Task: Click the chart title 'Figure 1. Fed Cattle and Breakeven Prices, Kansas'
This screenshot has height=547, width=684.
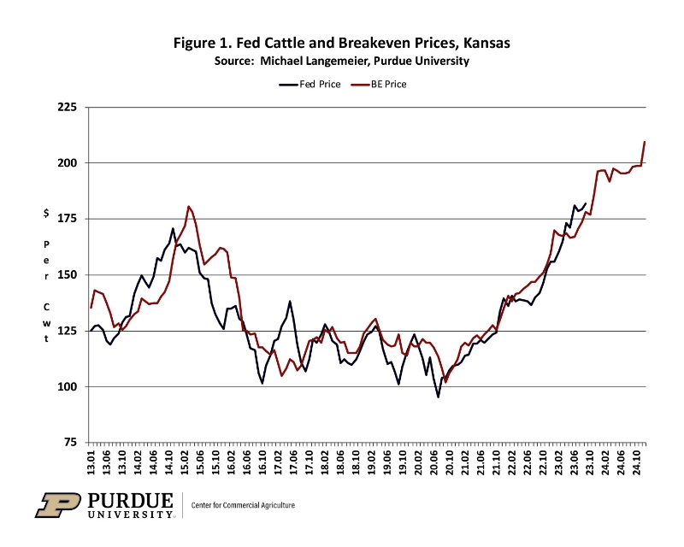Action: [x=342, y=42]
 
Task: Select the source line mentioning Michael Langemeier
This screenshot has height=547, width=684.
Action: [x=342, y=61]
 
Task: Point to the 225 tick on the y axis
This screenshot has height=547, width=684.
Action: [x=67, y=108]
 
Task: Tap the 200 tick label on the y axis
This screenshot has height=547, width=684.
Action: [x=67, y=163]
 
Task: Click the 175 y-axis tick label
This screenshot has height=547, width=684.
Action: [x=67, y=219]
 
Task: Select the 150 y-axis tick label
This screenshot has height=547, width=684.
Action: [x=67, y=275]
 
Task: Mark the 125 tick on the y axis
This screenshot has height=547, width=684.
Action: [x=67, y=331]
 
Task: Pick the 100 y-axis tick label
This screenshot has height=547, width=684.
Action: [x=67, y=386]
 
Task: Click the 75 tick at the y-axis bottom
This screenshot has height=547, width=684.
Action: [x=69, y=443]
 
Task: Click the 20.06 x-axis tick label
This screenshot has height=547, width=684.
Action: [x=435, y=463]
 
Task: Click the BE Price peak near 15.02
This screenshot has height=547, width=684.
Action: [x=189, y=207]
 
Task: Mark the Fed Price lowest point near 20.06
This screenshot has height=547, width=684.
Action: [x=439, y=397]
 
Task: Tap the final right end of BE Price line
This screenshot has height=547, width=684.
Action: [x=644, y=142]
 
